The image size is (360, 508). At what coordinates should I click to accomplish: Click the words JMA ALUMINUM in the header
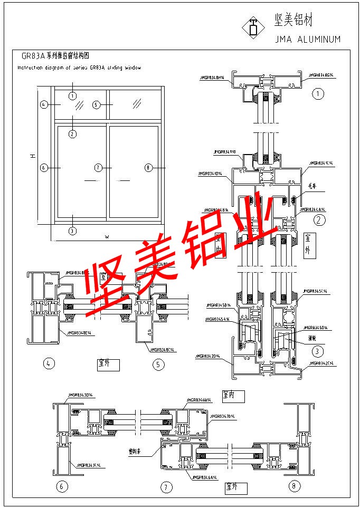pos(308,39)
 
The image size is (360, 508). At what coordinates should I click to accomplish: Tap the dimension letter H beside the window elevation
pos(32,156)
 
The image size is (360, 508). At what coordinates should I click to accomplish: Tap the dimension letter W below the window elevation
pos(107,237)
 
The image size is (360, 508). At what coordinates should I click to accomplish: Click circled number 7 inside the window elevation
pos(98,168)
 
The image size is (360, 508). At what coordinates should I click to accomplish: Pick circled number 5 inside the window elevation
pos(96,105)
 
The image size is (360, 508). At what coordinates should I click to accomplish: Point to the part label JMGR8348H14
pos(212,77)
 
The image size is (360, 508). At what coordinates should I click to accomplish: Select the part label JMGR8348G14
pos(321,75)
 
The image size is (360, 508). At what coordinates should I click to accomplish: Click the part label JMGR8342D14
pos(209,356)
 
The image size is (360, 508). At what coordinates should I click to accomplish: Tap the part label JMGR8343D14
pos(81,395)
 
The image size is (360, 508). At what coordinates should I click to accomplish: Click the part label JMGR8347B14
pos(222,416)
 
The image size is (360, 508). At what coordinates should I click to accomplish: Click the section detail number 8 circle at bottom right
pos(293,485)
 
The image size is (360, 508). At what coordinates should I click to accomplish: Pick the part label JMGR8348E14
pos(79,333)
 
